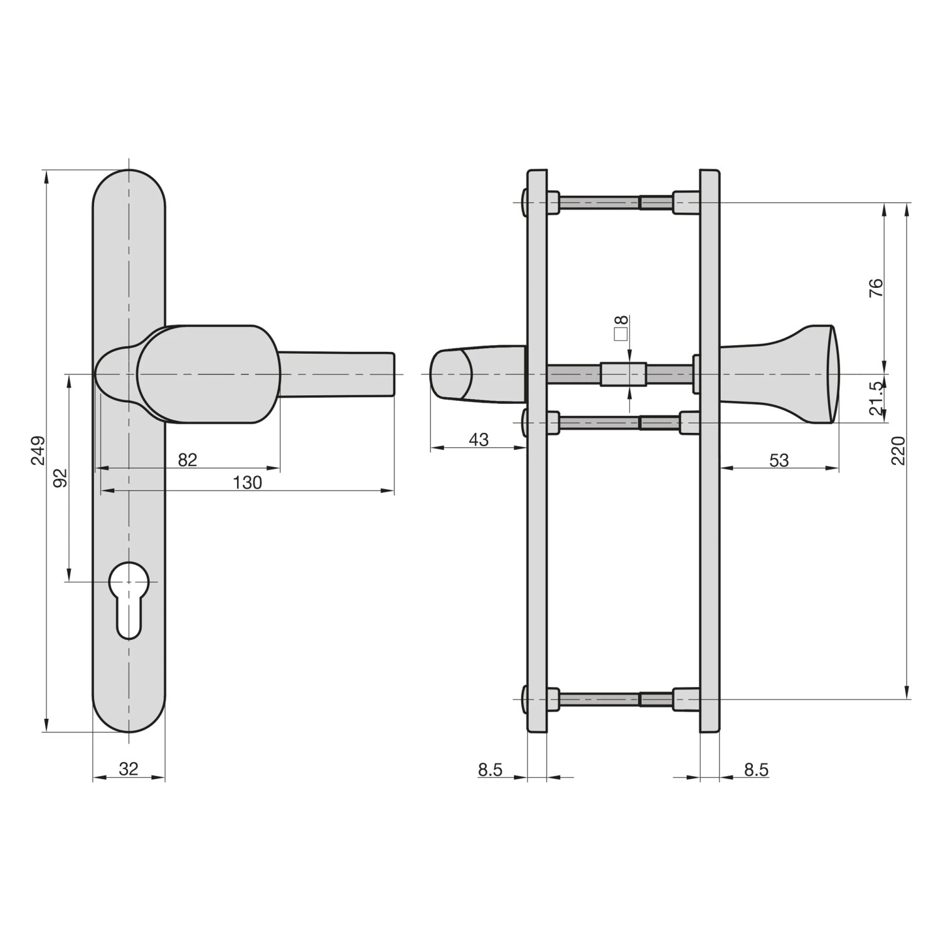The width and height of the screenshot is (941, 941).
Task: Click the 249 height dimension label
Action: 38,450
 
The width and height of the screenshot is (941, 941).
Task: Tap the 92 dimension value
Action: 60,477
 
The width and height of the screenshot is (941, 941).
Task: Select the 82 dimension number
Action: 188,460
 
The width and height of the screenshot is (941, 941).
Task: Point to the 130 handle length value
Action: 247,482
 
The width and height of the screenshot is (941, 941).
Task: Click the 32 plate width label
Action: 129,768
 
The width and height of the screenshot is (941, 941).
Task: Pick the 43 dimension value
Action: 479,439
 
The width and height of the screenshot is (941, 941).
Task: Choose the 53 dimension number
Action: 779,460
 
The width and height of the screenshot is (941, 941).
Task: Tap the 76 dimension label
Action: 877,287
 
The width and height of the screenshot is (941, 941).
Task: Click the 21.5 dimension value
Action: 877,399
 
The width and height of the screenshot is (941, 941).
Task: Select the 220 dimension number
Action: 898,450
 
